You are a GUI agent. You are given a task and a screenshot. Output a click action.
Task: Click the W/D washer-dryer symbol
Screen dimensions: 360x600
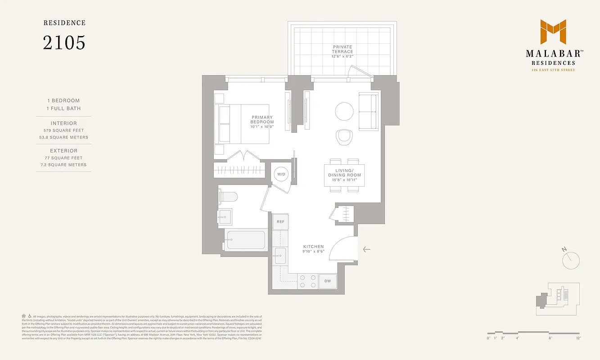tap(281, 174)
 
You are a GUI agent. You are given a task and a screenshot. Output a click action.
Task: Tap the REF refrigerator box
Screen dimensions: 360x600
tap(280, 221)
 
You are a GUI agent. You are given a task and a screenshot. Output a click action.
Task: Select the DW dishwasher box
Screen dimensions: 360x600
tap(327, 281)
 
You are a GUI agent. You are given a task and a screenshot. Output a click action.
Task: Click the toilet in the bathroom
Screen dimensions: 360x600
tap(230, 197)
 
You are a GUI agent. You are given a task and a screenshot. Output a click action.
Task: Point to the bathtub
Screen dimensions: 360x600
tap(246, 240)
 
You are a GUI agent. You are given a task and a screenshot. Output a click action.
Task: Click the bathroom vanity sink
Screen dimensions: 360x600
tap(225, 217)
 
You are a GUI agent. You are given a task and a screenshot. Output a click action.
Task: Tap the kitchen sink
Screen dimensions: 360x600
tap(280, 256)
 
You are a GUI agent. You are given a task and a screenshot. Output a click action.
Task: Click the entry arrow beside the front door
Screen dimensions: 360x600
tap(366, 249)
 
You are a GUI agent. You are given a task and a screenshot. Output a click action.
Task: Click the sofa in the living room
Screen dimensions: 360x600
tap(368, 112)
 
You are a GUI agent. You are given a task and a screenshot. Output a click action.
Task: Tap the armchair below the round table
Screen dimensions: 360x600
tap(345, 137)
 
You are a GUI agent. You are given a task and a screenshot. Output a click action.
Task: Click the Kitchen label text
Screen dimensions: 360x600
tap(313, 247)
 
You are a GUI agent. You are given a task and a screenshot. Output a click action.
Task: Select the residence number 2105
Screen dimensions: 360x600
tap(64, 43)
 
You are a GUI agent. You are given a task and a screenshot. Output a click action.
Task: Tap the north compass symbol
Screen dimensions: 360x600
tap(571, 260)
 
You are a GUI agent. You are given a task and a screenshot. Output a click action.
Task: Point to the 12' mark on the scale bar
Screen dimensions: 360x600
tap(577, 338)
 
